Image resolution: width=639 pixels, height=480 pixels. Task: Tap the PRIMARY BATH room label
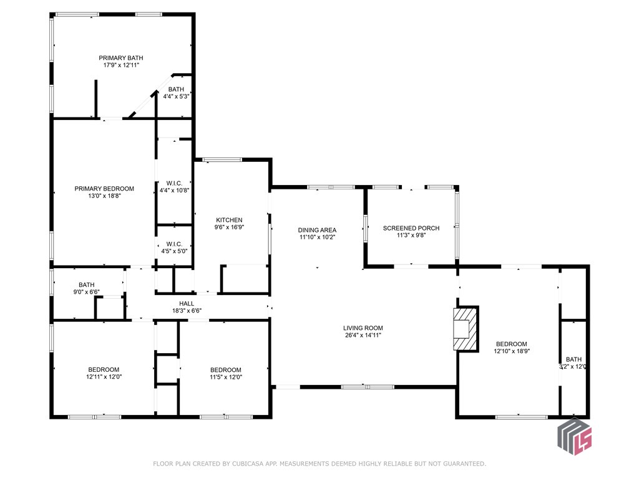coord(121,57)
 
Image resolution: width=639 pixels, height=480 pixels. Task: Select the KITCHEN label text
coord(229,220)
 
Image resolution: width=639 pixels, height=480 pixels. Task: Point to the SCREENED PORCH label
coord(411,228)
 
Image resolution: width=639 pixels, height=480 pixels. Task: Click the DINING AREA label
coord(317,230)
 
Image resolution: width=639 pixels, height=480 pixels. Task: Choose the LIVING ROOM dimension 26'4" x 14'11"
coord(363,336)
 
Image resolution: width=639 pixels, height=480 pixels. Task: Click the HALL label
coord(187,304)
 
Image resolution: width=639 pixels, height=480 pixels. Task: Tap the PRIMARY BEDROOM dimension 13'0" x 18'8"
coord(104,196)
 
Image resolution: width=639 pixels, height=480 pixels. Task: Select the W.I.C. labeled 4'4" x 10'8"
coord(174,187)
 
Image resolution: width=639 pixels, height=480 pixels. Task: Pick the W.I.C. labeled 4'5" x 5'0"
coord(174,247)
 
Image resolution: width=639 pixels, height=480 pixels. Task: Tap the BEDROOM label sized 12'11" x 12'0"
coord(104,369)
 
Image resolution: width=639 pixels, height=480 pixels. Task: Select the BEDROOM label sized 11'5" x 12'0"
coord(225,369)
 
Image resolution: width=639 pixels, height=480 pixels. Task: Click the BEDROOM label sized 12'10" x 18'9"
coord(511,344)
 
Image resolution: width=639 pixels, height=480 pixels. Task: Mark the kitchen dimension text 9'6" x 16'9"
coord(229,227)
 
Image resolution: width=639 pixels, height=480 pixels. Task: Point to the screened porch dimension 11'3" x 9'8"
coord(411,236)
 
